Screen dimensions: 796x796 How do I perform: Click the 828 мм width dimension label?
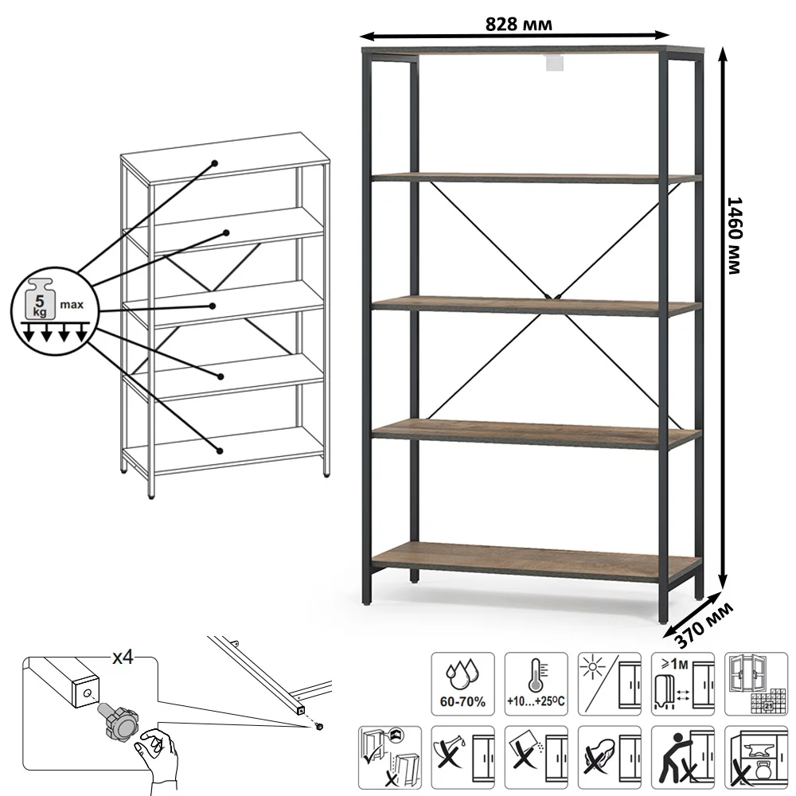(x=518, y=24)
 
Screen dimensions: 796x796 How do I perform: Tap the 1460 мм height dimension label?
(x=735, y=236)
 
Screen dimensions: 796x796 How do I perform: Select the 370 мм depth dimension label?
(x=704, y=625)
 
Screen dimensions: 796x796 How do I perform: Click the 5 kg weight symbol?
(x=40, y=299)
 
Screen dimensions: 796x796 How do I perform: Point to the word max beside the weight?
(x=72, y=305)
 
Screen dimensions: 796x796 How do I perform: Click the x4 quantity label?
(x=123, y=657)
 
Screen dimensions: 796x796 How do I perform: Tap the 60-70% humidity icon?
(x=462, y=684)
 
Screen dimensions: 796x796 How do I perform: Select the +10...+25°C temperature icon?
(x=536, y=684)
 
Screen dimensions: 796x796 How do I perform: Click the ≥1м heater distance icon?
(x=683, y=684)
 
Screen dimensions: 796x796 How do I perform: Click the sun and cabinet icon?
(x=609, y=684)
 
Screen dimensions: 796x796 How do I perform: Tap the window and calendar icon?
(x=756, y=684)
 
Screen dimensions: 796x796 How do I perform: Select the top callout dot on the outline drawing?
(x=215, y=163)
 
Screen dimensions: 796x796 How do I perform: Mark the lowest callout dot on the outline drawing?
(x=220, y=451)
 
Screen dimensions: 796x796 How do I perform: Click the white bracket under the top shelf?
(x=556, y=62)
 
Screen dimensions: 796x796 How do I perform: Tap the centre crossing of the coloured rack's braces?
(x=552, y=297)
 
